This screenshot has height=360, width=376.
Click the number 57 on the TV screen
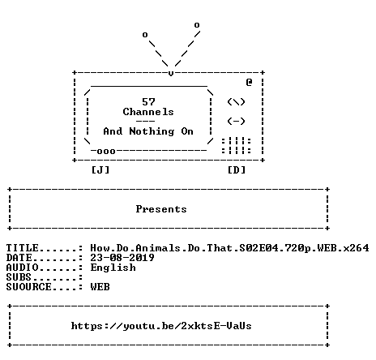click(148, 102)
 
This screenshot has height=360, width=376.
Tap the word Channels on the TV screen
click(148, 112)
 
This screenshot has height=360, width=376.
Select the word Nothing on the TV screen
click(152, 131)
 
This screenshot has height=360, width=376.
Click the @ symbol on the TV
click(249, 82)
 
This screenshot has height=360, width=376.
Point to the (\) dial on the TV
click(236, 102)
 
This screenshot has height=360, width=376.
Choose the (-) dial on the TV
click(236, 121)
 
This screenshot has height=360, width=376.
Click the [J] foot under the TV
click(100, 170)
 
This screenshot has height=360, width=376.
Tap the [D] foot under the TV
click(237, 170)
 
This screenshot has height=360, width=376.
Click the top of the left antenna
click(145, 35)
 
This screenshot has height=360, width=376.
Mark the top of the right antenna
click(197, 25)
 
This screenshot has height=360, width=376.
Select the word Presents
click(161, 209)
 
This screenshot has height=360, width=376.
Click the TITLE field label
click(23, 248)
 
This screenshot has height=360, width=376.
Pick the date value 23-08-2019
click(122, 257)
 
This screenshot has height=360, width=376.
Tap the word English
click(113, 268)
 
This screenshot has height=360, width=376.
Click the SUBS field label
click(19, 277)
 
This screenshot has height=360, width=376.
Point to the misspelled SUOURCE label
click(29, 287)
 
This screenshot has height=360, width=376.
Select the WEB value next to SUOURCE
click(100, 287)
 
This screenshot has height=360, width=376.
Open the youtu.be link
click(161, 326)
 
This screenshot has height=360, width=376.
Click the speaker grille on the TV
click(237, 146)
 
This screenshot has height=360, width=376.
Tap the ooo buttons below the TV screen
click(106, 152)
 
